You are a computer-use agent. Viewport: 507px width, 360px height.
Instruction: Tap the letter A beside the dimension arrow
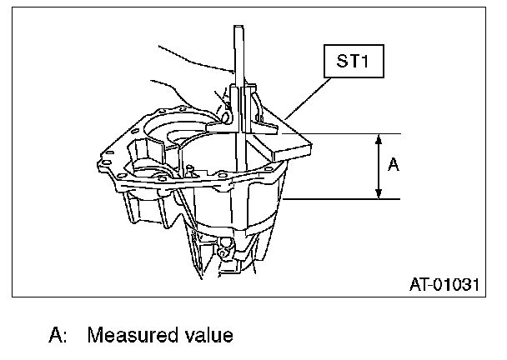pos(394,166)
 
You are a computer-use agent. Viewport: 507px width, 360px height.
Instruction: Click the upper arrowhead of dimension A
pos(379,139)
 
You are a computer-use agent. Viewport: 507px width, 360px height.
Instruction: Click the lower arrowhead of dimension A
pos(379,194)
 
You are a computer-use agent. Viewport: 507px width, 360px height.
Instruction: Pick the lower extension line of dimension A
pos(342,199)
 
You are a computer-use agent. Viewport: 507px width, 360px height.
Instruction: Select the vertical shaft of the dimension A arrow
pos(379,167)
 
